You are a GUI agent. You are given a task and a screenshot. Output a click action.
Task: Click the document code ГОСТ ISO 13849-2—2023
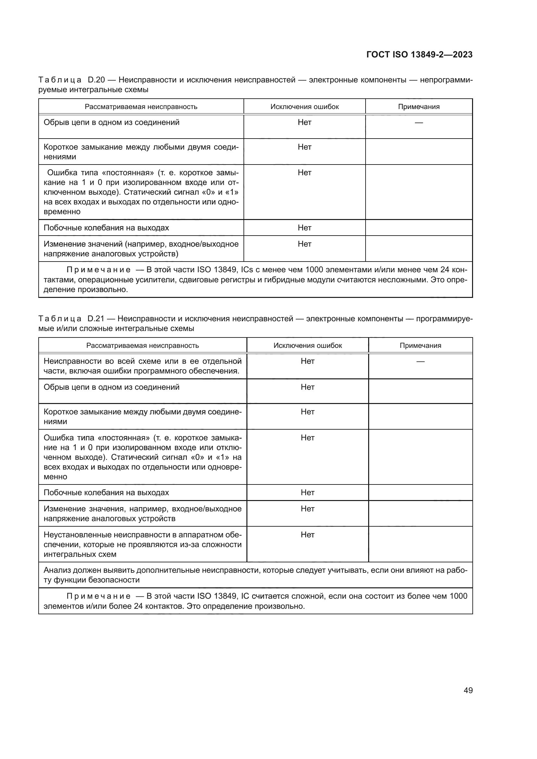pyautogui.click(x=419, y=55)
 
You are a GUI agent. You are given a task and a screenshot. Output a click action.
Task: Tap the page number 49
pyautogui.click(x=468, y=690)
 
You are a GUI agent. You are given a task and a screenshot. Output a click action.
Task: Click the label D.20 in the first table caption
pyautogui.click(x=96, y=80)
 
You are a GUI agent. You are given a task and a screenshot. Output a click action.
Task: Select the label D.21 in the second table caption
pyautogui.click(x=96, y=319)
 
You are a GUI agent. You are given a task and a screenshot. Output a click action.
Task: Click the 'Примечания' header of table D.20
pyautogui.click(x=418, y=107)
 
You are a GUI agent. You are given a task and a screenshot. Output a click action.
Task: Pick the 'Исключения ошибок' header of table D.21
pyautogui.click(x=307, y=346)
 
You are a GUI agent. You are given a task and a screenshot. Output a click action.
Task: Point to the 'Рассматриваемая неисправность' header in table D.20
pyautogui.click(x=141, y=107)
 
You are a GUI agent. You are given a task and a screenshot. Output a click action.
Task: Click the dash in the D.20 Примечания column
pyautogui.click(x=418, y=123)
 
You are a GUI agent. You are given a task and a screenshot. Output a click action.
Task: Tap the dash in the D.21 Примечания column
pyautogui.click(x=420, y=361)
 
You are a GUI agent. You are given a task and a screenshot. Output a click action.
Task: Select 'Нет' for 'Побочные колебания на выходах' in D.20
pyautogui.click(x=305, y=228)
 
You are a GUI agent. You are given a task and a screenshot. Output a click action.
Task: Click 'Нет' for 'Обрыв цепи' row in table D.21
pyautogui.click(x=307, y=387)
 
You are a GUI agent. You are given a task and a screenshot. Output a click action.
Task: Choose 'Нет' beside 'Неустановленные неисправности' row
pyautogui.click(x=307, y=535)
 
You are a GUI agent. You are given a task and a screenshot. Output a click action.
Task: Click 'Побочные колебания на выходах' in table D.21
pyautogui.click(x=106, y=493)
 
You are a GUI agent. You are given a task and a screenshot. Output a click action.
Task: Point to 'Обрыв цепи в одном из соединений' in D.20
pyautogui.click(x=111, y=122)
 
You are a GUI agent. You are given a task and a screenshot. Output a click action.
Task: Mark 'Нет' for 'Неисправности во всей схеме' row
pyautogui.click(x=307, y=361)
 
